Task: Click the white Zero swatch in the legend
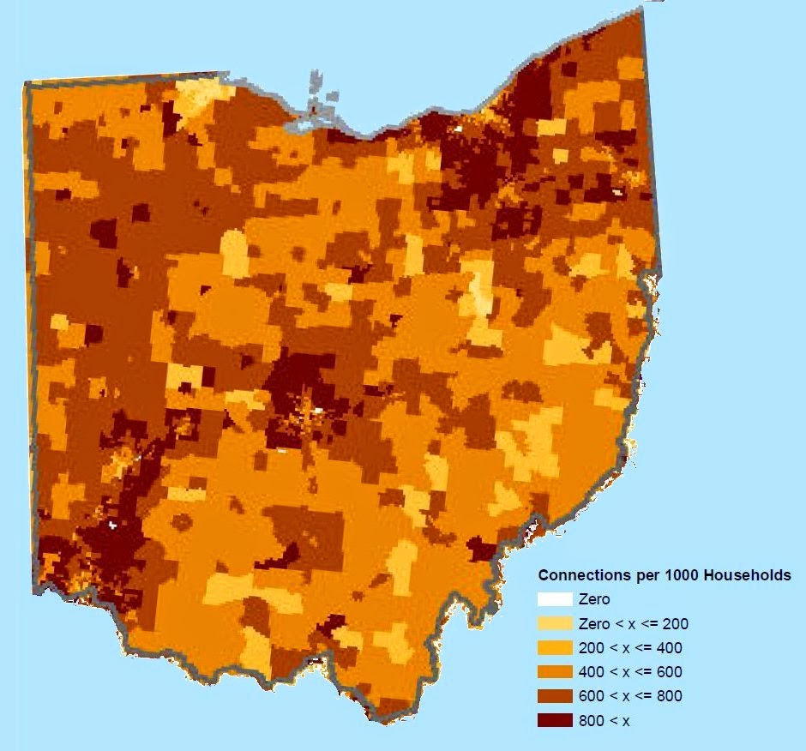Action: (x=554, y=599)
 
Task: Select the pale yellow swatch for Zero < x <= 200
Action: (x=554, y=623)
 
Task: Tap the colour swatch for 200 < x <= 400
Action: (x=554, y=647)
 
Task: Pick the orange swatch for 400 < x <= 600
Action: (x=554, y=671)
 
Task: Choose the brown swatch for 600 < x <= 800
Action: (x=554, y=695)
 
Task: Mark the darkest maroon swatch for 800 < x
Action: (x=554, y=720)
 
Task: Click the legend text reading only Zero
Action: (x=594, y=599)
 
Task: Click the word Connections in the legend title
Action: (x=580, y=575)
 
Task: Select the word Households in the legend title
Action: (x=746, y=575)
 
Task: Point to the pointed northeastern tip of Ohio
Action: (x=639, y=10)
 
